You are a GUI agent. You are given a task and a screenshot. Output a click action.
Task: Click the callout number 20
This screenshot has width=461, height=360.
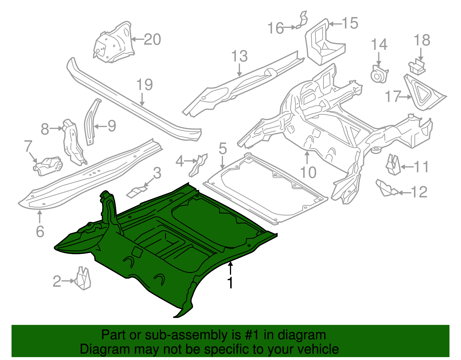pyautogui.click(x=152, y=39)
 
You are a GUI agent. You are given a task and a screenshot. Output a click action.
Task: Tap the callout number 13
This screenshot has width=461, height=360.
pyautogui.click(x=239, y=56)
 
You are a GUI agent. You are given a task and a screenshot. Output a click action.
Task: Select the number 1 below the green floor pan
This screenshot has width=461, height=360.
pyautogui.click(x=230, y=283)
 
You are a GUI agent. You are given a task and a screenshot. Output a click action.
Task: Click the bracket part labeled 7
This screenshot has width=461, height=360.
pyautogui.click(x=48, y=166)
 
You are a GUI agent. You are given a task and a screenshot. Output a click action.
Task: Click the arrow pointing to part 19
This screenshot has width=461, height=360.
pyautogui.click(x=142, y=99)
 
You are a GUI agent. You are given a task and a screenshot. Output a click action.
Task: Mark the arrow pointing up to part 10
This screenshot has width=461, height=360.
pyautogui.click(x=307, y=157)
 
